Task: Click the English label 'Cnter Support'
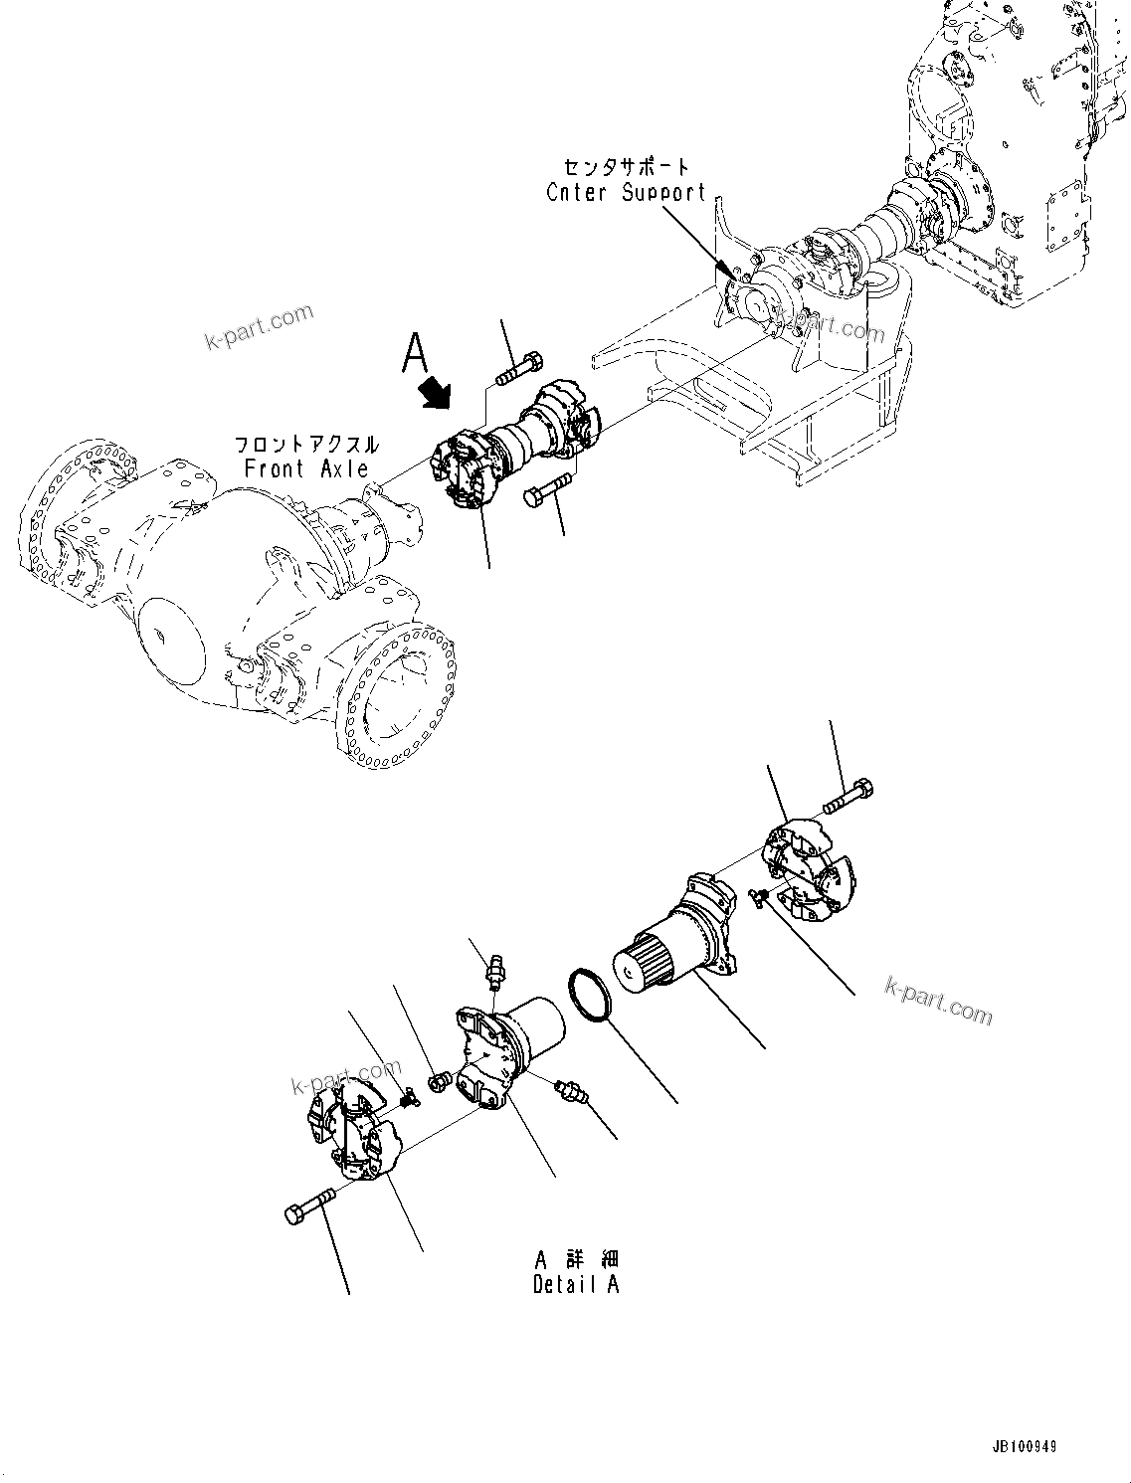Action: click(626, 193)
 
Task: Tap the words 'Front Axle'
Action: click(305, 468)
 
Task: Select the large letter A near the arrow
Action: click(419, 352)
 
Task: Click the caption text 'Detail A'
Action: click(576, 1284)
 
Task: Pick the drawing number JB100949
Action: click(1025, 1447)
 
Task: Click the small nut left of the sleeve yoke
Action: click(439, 1078)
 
